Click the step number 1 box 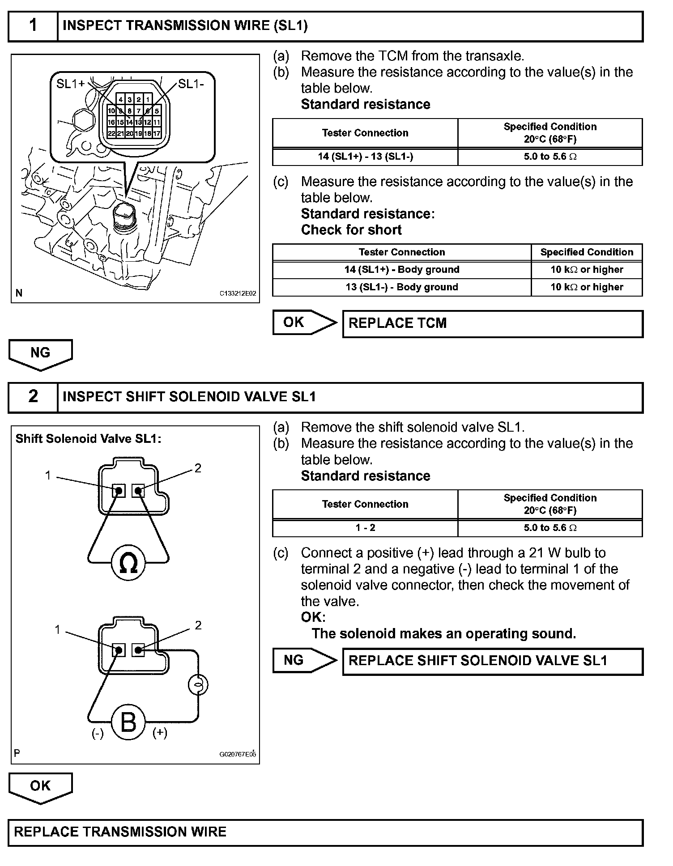click(33, 26)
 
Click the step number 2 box click(33, 397)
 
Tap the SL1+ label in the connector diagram click(70, 84)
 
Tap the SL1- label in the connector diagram click(191, 84)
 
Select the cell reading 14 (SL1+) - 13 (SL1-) click(365, 157)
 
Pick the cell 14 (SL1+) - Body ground click(401, 270)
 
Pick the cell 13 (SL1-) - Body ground click(401, 287)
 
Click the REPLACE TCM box click(492, 323)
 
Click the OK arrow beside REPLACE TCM click(304, 323)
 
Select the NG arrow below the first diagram click(40, 353)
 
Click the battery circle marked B click(128, 722)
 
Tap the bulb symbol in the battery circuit click(198, 685)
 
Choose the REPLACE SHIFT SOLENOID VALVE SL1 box click(492, 661)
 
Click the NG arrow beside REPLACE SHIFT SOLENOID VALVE click(304, 660)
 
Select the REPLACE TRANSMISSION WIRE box click(325, 832)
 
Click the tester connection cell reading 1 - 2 click(365, 528)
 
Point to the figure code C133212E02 click(238, 293)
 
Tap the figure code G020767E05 click(238, 754)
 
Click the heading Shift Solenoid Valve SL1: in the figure click(88, 439)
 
